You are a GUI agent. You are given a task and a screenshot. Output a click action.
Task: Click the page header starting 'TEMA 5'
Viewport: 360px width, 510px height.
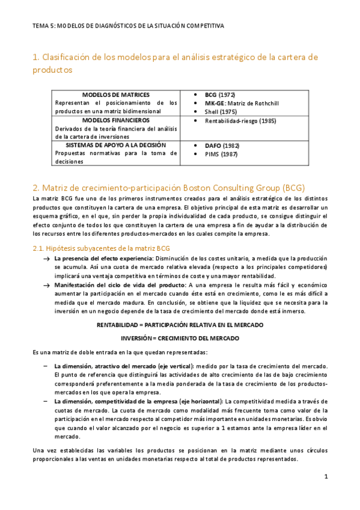click(x=129, y=26)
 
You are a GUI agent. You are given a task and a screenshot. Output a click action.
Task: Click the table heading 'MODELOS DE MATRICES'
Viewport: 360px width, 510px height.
click(x=116, y=95)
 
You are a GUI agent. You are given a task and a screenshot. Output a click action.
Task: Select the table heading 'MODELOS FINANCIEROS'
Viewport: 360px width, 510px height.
click(x=116, y=120)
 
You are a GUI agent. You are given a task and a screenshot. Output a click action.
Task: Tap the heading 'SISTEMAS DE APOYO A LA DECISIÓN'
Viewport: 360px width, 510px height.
click(x=116, y=145)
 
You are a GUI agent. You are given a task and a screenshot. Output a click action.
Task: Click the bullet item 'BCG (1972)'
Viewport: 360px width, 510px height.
click(x=220, y=95)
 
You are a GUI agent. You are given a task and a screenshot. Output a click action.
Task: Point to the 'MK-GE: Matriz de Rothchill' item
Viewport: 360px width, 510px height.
click(x=242, y=103)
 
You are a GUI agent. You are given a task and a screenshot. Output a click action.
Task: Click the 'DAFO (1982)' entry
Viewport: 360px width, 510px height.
click(x=222, y=146)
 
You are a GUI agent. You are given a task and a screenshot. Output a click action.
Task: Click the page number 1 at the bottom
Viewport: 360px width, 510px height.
click(x=325, y=476)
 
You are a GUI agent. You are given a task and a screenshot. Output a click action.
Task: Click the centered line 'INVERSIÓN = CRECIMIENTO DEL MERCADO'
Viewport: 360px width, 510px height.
click(x=180, y=338)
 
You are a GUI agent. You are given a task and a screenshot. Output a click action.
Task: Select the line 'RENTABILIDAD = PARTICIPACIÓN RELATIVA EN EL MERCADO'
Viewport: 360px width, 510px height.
click(x=180, y=325)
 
